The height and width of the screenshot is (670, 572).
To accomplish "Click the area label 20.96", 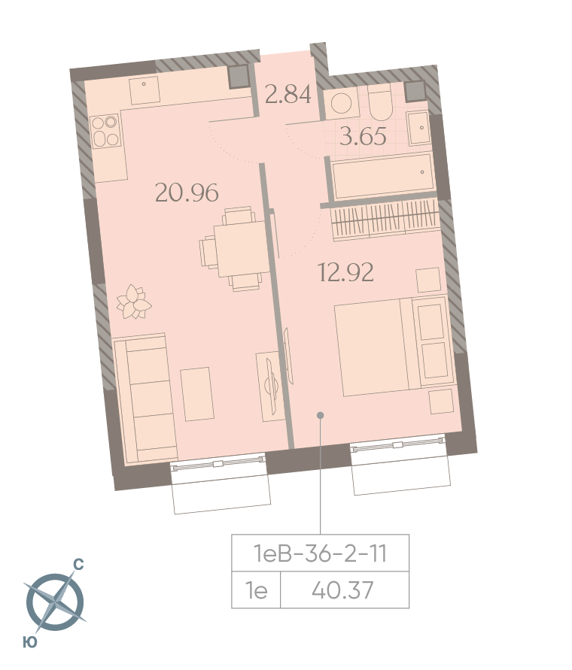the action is [x=187, y=193].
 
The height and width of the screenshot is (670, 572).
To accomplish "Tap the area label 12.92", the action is [x=345, y=272].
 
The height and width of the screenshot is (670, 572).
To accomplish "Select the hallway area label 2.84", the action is [x=288, y=94].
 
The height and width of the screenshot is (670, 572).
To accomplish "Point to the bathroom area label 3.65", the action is [x=363, y=136].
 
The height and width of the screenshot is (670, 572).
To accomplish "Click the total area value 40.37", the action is [x=342, y=590].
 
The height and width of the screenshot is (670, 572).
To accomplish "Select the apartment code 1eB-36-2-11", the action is [x=320, y=553].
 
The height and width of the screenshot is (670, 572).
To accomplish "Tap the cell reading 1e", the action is [x=256, y=590].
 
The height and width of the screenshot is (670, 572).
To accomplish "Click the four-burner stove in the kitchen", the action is [x=105, y=131].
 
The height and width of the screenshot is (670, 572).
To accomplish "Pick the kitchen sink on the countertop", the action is [x=145, y=89].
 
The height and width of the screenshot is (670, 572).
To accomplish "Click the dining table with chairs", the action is [x=233, y=249].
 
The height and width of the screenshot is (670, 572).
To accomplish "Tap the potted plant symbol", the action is [x=134, y=302].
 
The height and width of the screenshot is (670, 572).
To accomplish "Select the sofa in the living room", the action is [x=146, y=399].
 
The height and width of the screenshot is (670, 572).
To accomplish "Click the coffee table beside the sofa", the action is [x=197, y=394].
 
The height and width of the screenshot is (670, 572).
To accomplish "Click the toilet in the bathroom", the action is [x=380, y=103].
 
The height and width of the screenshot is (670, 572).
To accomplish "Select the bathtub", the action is [x=383, y=176].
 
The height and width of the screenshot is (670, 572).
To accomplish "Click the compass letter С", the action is [x=78, y=565].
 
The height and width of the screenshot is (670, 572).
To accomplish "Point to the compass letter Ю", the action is [x=30, y=641].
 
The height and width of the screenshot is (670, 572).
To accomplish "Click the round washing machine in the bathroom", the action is [x=342, y=103].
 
